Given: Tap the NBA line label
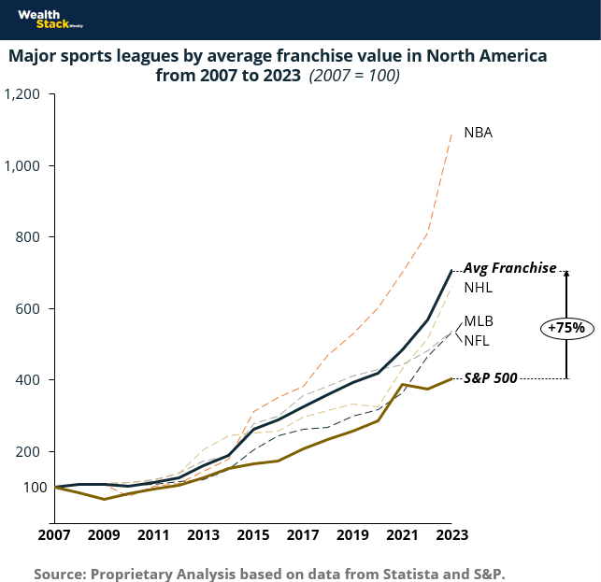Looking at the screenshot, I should coord(478,133).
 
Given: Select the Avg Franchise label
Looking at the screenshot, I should coord(510,268).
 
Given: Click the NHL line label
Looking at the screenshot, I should coord(478,287).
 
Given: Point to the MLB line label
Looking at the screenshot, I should coord(478,321).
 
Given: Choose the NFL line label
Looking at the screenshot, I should coord(477,340).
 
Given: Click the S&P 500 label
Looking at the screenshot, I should coord(492,378).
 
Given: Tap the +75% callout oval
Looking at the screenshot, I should coord(566,328).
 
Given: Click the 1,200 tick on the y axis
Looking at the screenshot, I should coord(22,94).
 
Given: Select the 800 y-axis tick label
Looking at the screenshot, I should coord(30,237).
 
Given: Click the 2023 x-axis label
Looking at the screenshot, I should coord(451,535).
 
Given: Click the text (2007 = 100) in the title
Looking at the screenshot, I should coord(354,76).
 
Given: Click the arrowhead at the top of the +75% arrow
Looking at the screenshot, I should coord(565,275).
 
